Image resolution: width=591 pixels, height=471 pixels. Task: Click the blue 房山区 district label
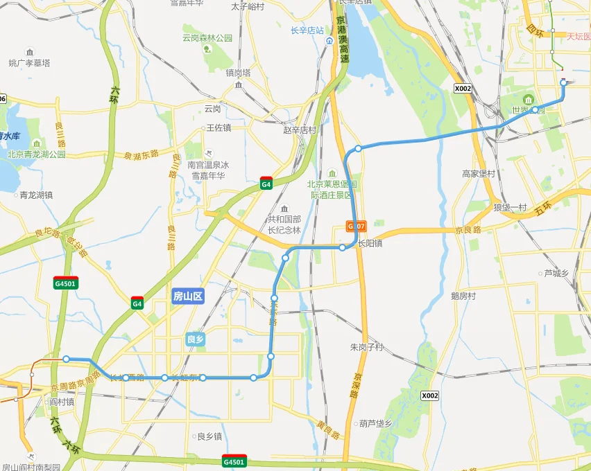(187, 296)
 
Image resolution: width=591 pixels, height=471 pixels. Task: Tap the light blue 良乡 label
(196, 339)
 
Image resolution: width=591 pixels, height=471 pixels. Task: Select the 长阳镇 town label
(370, 244)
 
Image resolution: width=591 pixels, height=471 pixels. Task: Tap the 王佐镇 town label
(219, 128)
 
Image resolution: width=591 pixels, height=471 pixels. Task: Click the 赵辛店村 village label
(300, 130)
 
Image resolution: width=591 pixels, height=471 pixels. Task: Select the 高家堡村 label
(479, 173)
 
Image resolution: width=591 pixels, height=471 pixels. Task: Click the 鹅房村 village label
(463, 296)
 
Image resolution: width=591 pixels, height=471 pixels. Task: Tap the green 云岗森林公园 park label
(207, 38)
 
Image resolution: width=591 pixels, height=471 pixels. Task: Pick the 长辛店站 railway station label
(307, 30)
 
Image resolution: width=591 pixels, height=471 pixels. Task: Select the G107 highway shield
(356, 226)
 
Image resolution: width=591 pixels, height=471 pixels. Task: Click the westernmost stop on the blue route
(66, 359)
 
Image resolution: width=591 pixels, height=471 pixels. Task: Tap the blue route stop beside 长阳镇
(343, 247)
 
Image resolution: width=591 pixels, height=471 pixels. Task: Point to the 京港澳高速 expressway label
(343, 40)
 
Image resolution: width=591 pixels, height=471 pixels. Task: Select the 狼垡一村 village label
(511, 208)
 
